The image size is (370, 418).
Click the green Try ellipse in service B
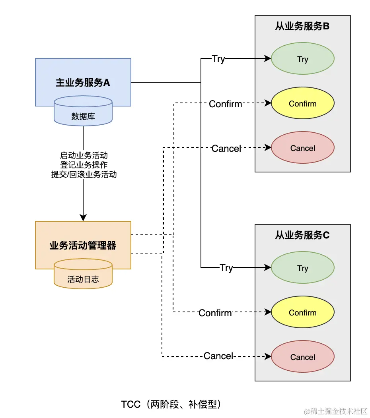click(x=302, y=59)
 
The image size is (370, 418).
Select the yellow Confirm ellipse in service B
click(x=302, y=104)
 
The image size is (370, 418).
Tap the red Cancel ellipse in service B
click(x=302, y=148)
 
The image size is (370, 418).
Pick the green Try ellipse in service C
click(x=302, y=268)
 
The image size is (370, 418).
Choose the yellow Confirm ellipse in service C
click(x=302, y=313)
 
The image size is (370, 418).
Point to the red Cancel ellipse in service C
click(x=302, y=357)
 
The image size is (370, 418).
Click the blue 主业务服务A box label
click(x=83, y=83)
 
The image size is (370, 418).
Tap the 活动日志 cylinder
click(x=83, y=279)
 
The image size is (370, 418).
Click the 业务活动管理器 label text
click(x=83, y=245)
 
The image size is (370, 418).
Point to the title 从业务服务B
click(x=302, y=27)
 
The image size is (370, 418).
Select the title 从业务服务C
click(x=302, y=235)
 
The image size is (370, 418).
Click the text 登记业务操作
click(x=84, y=164)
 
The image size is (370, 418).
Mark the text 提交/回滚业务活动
click(x=84, y=174)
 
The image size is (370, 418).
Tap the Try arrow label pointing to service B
click(x=218, y=59)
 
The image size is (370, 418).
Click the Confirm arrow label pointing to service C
click(x=215, y=313)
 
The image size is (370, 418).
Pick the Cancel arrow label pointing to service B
click(x=226, y=148)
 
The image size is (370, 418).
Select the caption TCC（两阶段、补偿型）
click(x=171, y=404)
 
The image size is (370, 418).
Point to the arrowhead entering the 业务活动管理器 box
click(x=83, y=218)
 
